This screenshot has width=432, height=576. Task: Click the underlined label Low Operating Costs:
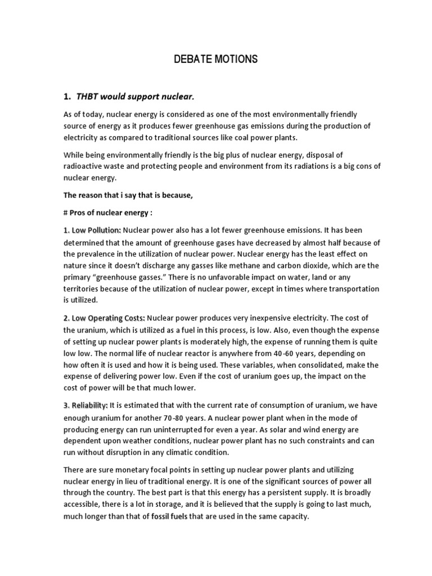point(104,318)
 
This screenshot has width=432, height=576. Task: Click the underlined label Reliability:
point(85,406)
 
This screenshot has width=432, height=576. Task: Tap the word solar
point(301,429)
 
